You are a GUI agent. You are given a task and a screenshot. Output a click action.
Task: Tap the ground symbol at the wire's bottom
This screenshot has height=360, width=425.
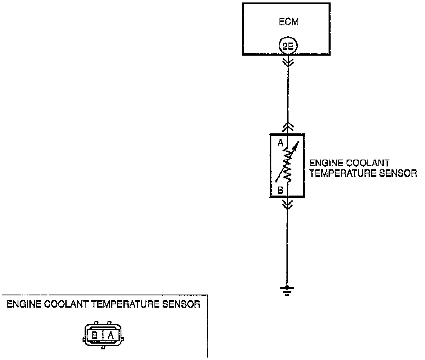click(287, 290)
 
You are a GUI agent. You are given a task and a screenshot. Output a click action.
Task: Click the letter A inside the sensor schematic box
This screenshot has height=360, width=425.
click(280, 143)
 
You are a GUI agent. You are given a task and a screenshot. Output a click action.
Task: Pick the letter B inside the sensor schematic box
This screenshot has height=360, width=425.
click(280, 189)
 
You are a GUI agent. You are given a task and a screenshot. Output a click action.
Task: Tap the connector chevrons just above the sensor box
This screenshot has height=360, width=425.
click(288, 126)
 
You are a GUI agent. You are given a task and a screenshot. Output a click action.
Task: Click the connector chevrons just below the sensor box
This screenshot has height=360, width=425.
click(288, 204)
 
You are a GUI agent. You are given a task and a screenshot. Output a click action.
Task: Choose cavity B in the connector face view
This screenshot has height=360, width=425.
click(95, 335)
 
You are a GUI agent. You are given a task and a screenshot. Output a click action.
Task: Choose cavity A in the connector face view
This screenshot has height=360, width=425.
click(110, 335)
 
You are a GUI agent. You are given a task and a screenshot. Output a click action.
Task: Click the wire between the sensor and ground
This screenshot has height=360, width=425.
click(287, 245)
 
